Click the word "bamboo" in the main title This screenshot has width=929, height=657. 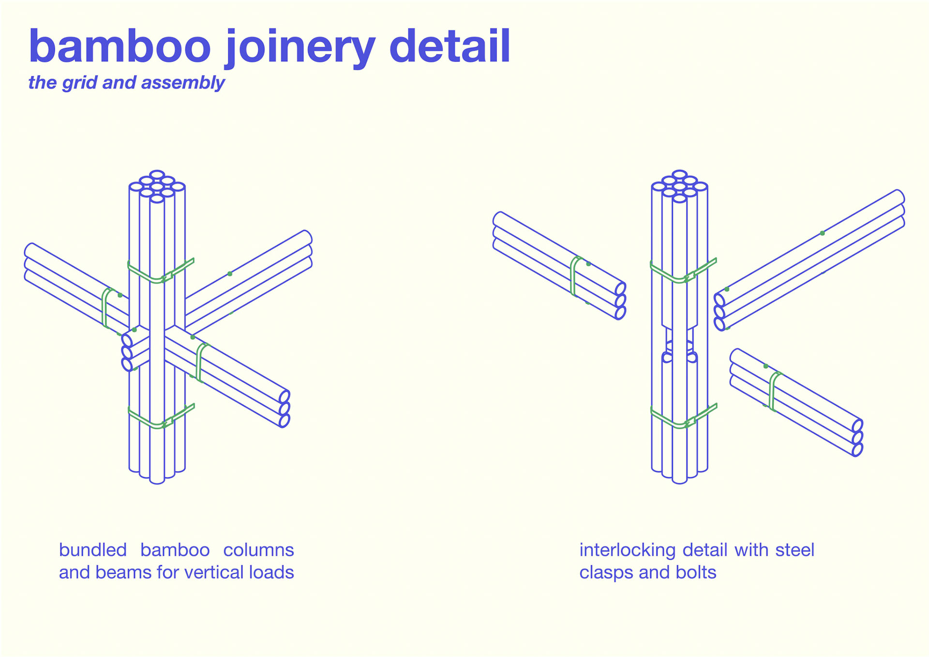120,47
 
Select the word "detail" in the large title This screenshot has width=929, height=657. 450,46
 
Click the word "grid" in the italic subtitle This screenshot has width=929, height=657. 79,83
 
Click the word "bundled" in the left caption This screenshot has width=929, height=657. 92,550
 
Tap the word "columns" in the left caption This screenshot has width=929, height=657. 258,550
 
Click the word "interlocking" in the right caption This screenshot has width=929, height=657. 628,550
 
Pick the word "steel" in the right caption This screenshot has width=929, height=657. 794,550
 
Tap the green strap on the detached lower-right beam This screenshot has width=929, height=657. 773,391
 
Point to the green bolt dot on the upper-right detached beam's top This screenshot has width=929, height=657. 822,233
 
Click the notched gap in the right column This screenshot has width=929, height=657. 680,339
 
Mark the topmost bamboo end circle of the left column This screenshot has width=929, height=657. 157,175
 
